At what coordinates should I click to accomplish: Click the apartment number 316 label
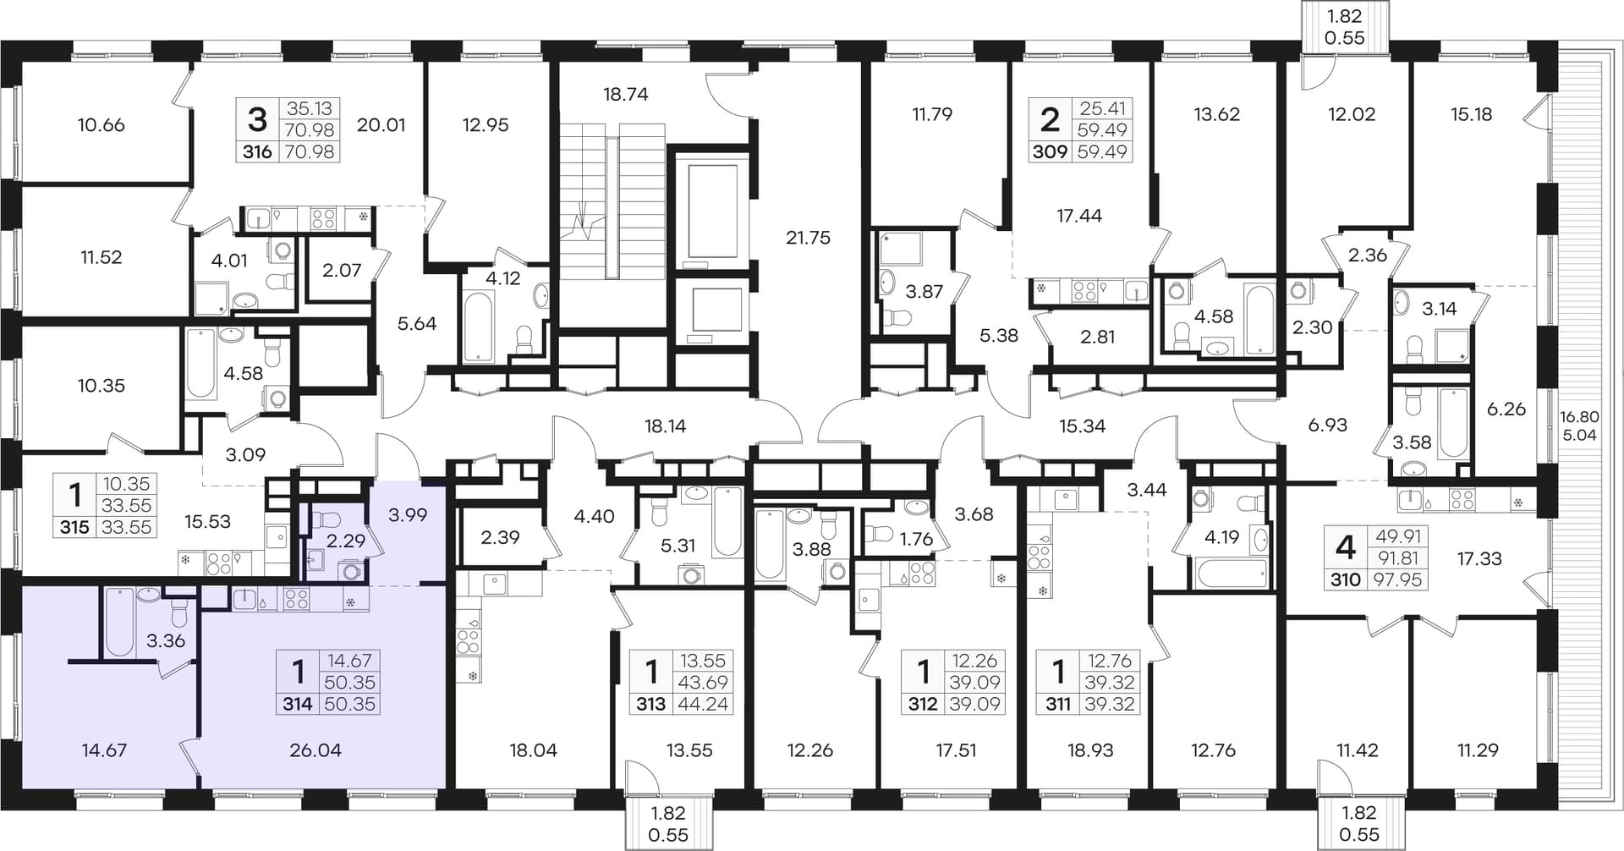coord(257,152)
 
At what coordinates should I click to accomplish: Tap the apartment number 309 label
coord(1050,152)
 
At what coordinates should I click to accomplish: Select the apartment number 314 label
coord(298,704)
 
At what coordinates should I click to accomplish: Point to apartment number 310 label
coord(1346,579)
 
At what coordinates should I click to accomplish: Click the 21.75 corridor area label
coord(808,238)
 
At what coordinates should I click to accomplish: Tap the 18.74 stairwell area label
coord(626,95)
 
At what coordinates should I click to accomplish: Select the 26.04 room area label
coord(315,750)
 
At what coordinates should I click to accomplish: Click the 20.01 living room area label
coord(381,125)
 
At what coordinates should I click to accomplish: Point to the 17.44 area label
coord(1079,216)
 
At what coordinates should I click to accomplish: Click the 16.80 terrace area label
coord(1579,416)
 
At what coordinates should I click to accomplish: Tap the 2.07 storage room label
coord(342,271)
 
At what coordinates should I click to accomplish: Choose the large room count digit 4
coord(1345,548)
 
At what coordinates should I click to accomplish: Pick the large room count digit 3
coord(257,120)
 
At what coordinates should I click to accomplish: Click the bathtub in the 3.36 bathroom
coord(119,622)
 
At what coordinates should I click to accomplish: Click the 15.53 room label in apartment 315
coord(208,522)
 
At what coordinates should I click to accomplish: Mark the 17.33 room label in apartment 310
coord(1479,558)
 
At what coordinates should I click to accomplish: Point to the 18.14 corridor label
coord(666,426)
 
